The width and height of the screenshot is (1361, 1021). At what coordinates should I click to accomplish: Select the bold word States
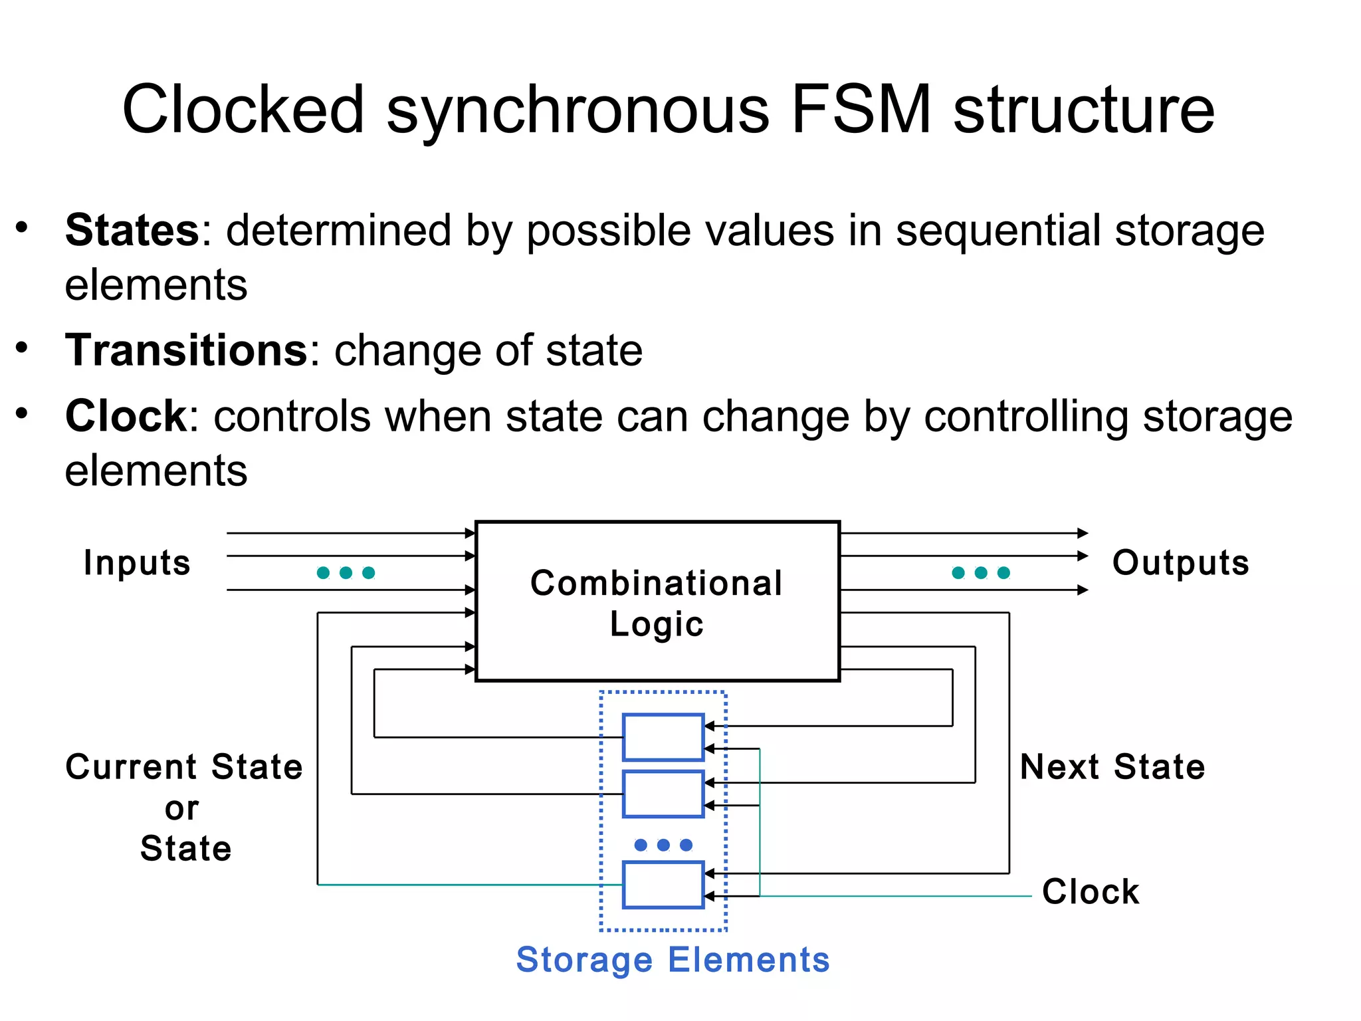132,231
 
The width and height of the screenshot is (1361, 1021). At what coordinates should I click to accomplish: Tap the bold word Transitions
187,350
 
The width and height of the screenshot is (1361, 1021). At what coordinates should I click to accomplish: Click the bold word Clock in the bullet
126,417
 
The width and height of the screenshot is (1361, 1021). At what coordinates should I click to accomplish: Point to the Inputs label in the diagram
137,563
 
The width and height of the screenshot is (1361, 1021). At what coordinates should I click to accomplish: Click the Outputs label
1180,563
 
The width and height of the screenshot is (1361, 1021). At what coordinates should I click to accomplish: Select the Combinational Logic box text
657,602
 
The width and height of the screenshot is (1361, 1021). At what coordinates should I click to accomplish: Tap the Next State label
1112,767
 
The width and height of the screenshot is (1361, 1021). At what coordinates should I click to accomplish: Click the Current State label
184,767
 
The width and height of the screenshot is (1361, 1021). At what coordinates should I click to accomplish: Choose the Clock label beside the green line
1091,892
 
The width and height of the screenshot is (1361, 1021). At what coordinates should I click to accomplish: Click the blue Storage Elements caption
673,960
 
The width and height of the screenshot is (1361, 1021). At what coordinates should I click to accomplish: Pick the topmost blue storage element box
663,737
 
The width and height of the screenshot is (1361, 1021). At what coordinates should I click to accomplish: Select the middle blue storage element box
663,794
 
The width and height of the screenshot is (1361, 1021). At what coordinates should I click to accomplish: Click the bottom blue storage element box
663,885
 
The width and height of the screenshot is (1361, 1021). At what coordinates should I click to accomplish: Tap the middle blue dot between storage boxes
663,845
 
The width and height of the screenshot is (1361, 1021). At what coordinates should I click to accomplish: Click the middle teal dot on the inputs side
346,573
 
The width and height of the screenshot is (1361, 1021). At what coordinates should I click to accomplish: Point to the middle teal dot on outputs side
981,573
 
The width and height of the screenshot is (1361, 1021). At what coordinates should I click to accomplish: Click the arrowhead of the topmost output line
1083,533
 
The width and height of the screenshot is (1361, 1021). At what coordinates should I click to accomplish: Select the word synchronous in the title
577,110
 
